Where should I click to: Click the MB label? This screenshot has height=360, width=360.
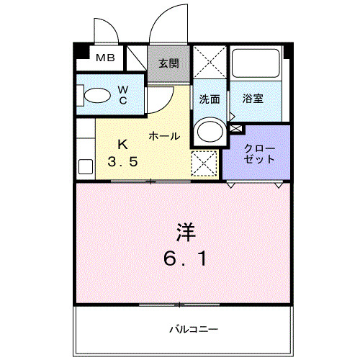tap(105, 58)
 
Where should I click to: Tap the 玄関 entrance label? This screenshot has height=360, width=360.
tap(170, 63)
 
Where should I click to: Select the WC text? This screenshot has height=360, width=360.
tap(122, 94)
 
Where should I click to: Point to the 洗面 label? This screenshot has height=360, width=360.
tap(210, 99)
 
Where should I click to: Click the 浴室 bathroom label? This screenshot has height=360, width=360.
tap(252, 99)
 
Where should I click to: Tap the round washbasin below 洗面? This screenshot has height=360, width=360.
tap(210, 131)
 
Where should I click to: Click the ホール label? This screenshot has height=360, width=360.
tap(164, 135)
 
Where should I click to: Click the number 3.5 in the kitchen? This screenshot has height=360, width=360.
tap(122, 162)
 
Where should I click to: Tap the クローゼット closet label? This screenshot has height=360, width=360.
tap(257, 153)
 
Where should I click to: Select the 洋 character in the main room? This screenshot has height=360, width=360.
tap(185, 231)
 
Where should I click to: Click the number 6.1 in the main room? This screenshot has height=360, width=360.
tap(185, 257)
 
